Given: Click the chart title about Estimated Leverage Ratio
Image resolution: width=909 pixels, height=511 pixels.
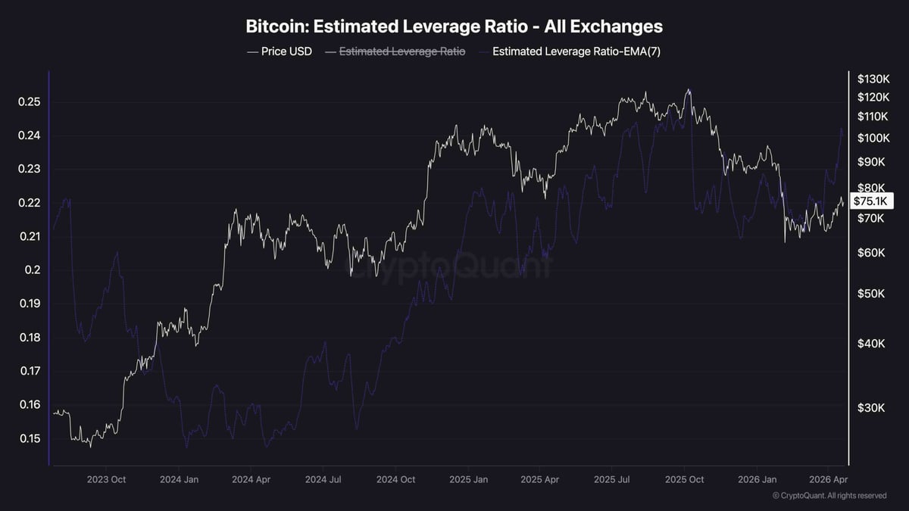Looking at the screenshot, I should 454,26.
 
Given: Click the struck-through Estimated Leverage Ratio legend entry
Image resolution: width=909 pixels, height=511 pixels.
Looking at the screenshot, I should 401,51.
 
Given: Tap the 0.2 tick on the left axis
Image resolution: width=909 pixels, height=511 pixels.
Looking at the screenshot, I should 30,270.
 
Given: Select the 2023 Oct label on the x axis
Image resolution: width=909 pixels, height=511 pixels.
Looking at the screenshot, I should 106,479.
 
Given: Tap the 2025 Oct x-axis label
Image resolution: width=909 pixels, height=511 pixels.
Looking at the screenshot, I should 684,479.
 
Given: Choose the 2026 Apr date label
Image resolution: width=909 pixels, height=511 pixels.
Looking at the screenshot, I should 830,479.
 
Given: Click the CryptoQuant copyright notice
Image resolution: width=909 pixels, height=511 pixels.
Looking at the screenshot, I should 829,496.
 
